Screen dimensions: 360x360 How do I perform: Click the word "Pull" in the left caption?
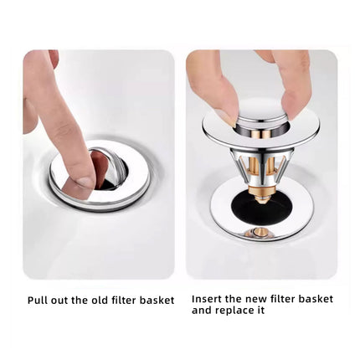point(38,301)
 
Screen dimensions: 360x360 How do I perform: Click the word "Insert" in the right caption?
point(206,299)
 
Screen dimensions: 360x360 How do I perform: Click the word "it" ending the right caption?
point(260,311)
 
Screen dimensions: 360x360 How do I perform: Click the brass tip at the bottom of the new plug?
point(261,198)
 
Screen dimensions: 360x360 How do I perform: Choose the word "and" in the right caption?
point(202,311)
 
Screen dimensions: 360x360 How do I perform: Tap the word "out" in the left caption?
point(59,301)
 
